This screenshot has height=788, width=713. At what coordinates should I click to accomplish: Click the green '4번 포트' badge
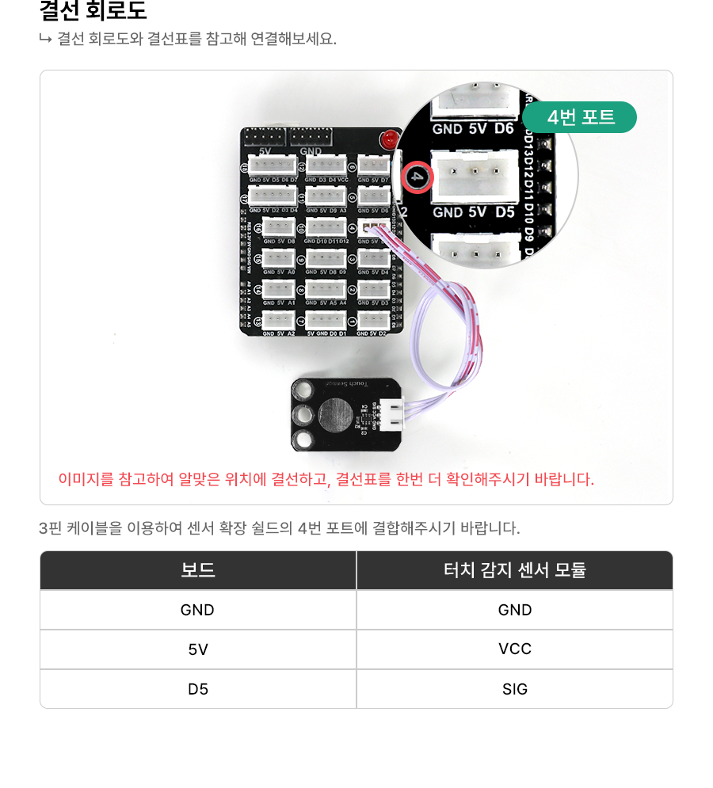[580, 117]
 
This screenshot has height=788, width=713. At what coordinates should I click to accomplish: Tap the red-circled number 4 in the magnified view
[418, 177]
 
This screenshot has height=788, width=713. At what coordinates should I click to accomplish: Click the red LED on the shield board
[388, 140]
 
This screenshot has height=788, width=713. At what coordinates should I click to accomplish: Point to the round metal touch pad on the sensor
[335, 413]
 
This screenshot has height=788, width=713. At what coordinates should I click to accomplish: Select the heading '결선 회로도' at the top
[93, 11]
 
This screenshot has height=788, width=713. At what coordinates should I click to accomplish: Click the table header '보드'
[198, 570]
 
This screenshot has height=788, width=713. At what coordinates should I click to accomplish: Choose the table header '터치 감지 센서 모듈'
[515, 570]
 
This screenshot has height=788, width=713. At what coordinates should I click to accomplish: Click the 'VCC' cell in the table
[515, 649]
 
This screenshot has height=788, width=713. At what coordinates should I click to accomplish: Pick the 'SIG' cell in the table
[515, 689]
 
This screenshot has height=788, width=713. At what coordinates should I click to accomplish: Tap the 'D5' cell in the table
[198, 689]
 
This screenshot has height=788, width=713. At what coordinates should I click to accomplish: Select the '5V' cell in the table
[198, 649]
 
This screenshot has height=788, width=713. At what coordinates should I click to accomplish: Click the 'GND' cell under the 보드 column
[198, 610]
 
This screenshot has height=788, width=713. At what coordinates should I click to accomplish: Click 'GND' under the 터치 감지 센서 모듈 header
[515, 610]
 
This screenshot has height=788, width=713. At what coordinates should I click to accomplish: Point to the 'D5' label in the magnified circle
[505, 212]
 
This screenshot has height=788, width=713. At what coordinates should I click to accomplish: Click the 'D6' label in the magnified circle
[504, 128]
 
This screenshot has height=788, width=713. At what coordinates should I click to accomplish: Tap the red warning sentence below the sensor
[326, 479]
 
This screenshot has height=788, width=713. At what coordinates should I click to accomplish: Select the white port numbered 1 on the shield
[373, 320]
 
